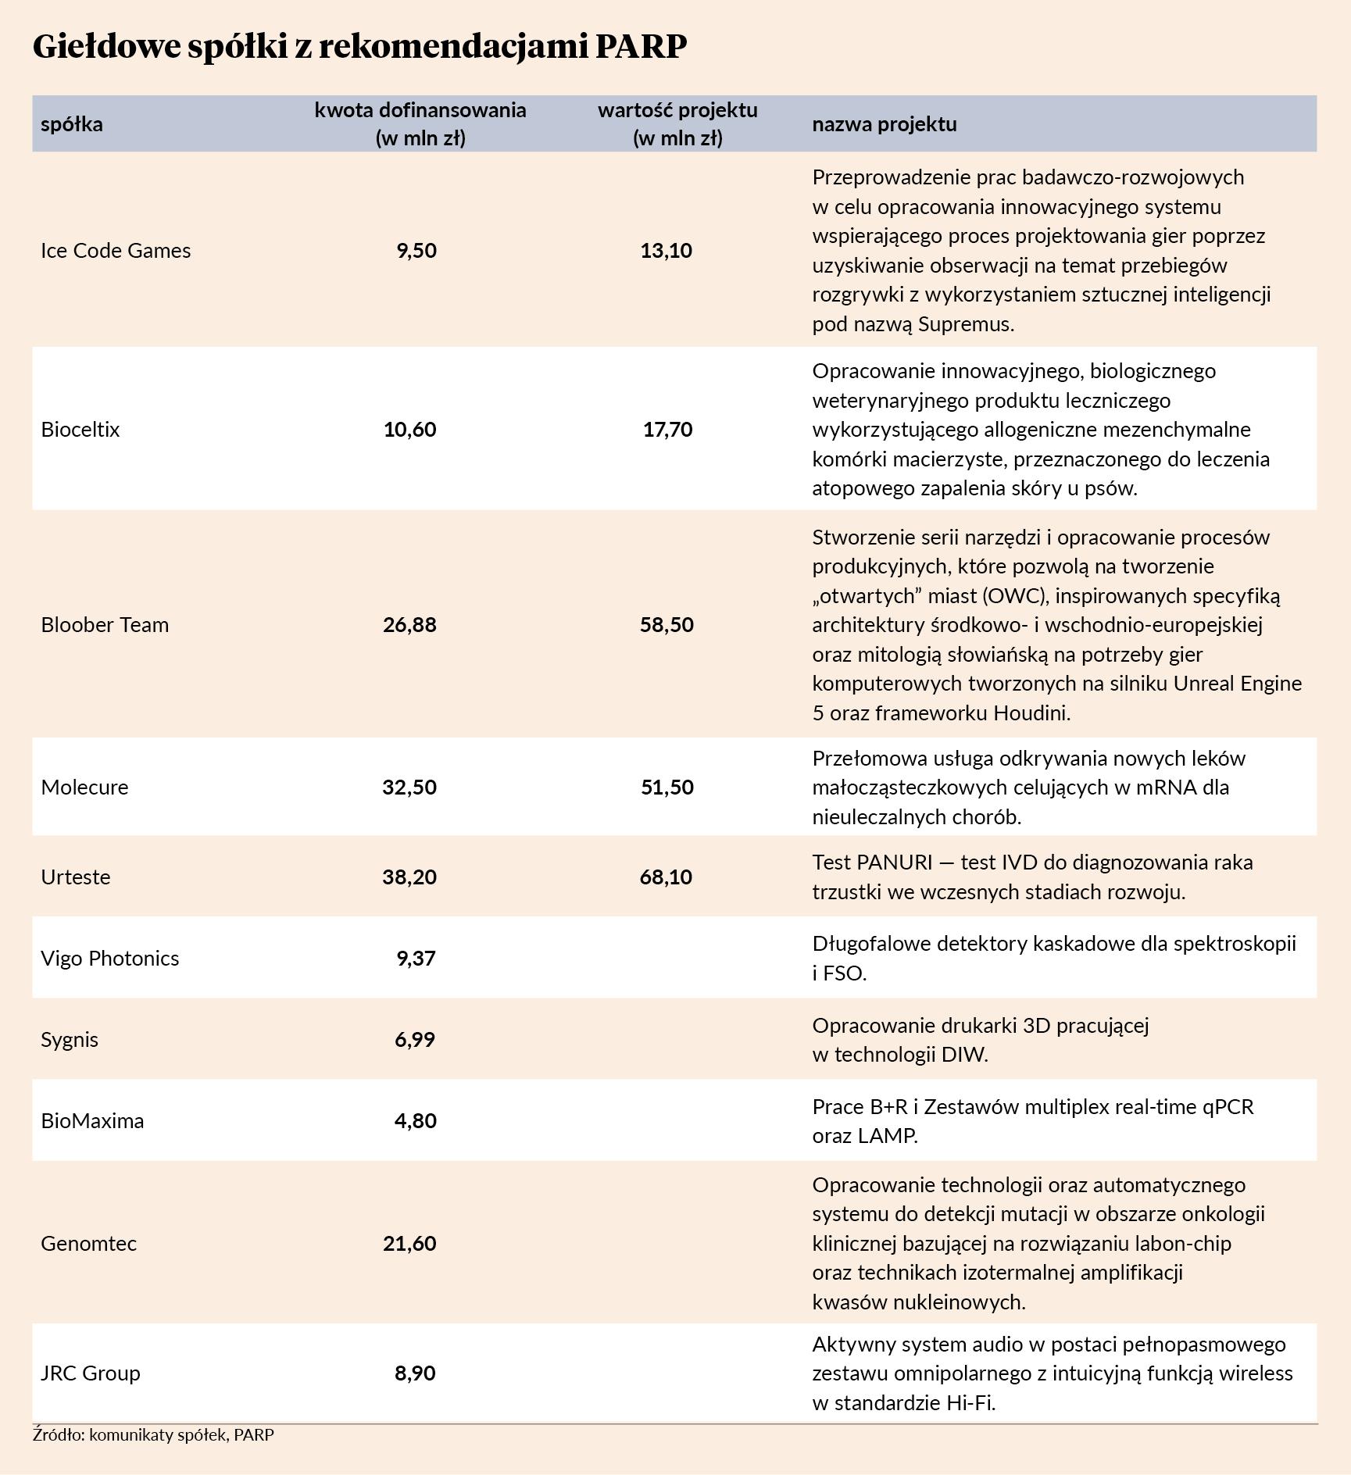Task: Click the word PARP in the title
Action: (641, 47)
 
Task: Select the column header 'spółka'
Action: (72, 124)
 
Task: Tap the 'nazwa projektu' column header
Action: (884, 124)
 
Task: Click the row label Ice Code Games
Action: (116, 251)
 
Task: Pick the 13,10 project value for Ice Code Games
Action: (666, 251)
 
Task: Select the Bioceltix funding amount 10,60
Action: (409, 430)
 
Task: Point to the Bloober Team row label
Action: (105, 625)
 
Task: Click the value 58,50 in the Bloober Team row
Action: (667, 625)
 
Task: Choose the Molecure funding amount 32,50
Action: (409, 787)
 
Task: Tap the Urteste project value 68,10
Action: (666, 877)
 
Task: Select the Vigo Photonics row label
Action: (109, 959)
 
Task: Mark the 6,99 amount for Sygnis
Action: (415, 1040)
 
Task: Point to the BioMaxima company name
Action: (92, 1121)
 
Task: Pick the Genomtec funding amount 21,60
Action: (409, 1244)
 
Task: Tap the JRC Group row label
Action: (91, 1373)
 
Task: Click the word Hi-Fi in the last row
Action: (969, 1403)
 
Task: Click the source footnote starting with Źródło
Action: (153, 1435)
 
